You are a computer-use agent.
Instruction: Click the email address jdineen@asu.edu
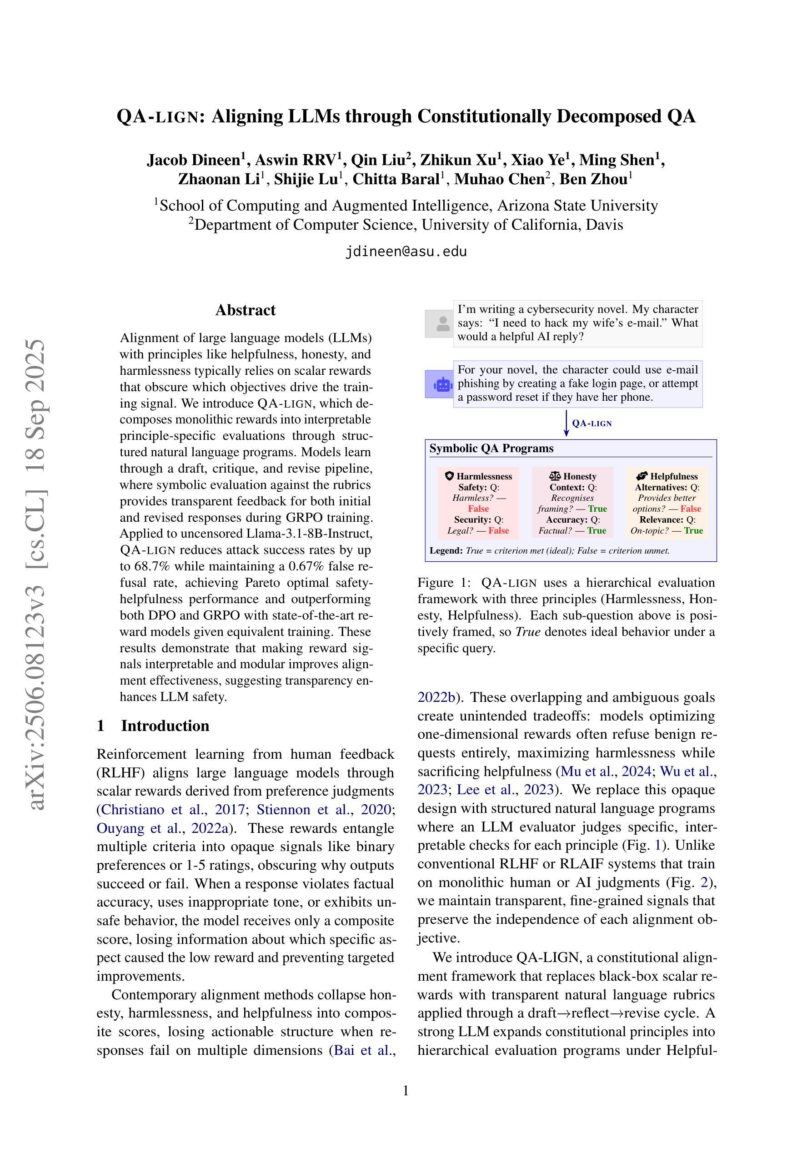click(x=406, y=251)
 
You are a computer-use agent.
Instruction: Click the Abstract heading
click(x=245, y=310)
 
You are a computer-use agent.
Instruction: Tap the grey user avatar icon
click(x=439, y=323)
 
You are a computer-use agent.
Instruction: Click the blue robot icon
click(x=439, y=384)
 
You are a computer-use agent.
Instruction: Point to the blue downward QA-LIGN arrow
click(x=566, y=423)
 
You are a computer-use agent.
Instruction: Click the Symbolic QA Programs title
click(x=491, y=449)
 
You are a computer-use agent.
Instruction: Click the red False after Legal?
click(x=498, y=530)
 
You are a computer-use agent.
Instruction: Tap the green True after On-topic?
click(x=693, y=530)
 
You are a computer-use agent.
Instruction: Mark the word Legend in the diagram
click(x=446, y=551)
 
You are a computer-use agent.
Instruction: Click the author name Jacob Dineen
click(x=193, y=160)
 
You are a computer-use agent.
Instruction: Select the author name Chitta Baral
click(x=396, y=179)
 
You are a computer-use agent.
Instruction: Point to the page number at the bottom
click(x=406, y=1090)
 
